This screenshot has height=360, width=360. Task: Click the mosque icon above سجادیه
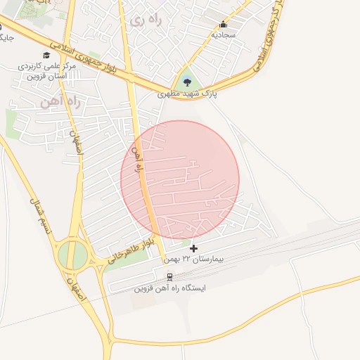[x=224, y=24]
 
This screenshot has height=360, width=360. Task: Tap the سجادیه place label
[x=224, y=34]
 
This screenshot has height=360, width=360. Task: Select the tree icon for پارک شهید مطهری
[x=188, y=82]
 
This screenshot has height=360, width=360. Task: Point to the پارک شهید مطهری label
[x=188, y=92]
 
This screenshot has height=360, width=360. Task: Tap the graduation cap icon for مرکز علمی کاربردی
[x=46, y=56]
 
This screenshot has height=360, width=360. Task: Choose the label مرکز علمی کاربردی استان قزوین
[x=46, y=71]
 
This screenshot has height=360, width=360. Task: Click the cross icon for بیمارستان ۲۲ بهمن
[x=194, y=248]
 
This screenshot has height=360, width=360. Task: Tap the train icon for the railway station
[x=169, y=276]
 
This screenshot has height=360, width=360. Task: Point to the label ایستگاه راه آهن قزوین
[x=169, y=288]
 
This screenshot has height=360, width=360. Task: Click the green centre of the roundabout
[x=72, y=254]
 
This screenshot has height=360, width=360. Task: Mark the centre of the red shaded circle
[x=180, y=179]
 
